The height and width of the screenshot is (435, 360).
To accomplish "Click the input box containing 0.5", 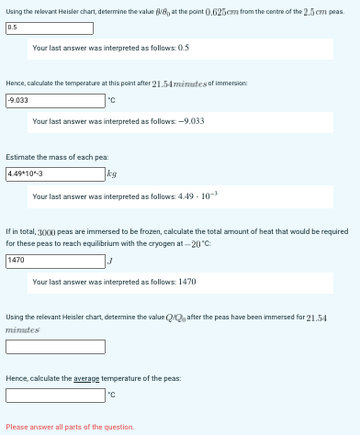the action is point(53,28).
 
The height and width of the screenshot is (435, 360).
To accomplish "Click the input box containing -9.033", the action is point(53,99).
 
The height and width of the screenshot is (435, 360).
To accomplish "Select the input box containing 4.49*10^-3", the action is point(53,173).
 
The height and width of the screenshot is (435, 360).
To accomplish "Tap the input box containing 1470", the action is point(53,261).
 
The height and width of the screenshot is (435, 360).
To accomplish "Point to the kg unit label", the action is point(112,173).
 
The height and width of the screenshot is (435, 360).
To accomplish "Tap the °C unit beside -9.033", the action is point(112,100).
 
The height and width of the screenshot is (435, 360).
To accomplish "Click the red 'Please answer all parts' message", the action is point(70,427).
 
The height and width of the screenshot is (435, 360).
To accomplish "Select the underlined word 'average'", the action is point(86,378).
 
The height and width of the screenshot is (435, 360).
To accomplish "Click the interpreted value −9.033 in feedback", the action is point(186,121).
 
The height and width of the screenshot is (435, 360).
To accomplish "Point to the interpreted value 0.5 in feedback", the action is point(183,47).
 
